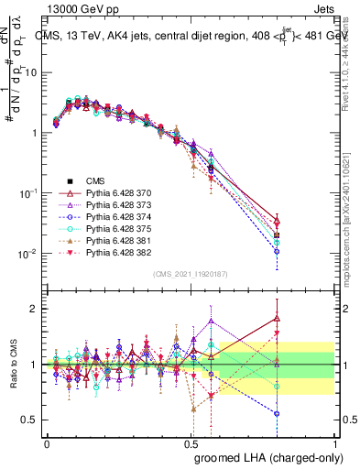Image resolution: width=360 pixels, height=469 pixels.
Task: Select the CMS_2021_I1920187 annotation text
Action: [x=191, y=273]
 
